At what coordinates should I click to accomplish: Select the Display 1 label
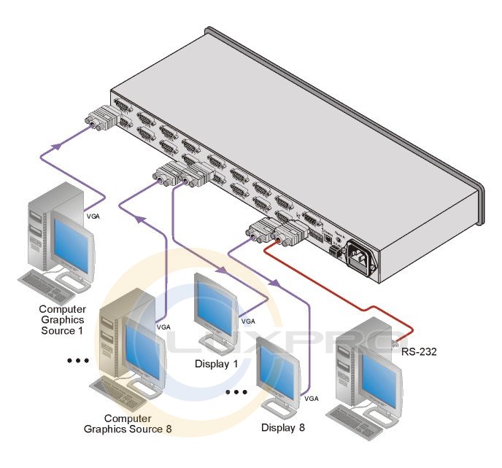point(216,363)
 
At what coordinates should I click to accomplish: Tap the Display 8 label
point(282,427)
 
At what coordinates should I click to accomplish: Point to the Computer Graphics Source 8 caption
point(138,424)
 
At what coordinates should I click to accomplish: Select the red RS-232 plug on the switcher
point(287,235)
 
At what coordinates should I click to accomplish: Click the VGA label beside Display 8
point(312,398)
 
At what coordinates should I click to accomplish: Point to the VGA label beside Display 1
point(248,321)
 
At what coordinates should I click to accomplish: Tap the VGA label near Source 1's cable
point(93,217)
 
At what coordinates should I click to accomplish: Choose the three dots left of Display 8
point(237,393)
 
